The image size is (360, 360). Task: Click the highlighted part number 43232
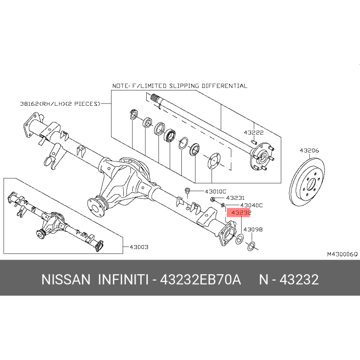tap(241, 213)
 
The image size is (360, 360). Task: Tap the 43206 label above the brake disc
tap(309, 151)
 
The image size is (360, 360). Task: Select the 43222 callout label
tap(253, 133)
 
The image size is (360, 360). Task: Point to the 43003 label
tap(139, 247)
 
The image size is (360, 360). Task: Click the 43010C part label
tap(216, 191)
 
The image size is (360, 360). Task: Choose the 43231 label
tap(235, 198)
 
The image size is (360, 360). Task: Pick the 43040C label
tap(252, 205)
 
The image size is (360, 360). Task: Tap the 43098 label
tap(253, 229)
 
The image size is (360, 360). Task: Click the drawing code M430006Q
tap(342, 254)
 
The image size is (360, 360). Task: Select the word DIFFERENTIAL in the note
tap(224, 86)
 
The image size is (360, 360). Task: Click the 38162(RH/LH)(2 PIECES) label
tap(60, 104)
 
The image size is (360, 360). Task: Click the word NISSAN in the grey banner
tap(66, 279)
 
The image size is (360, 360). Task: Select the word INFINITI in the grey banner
tap(123, 279)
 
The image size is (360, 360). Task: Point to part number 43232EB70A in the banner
tap(200, 279)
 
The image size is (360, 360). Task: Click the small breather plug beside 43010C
tap(188, 190)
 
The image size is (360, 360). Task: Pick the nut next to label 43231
tap(212, 199)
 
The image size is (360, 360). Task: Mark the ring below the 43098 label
tap(251, 246)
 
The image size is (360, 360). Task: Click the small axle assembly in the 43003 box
tap(55, 222)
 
